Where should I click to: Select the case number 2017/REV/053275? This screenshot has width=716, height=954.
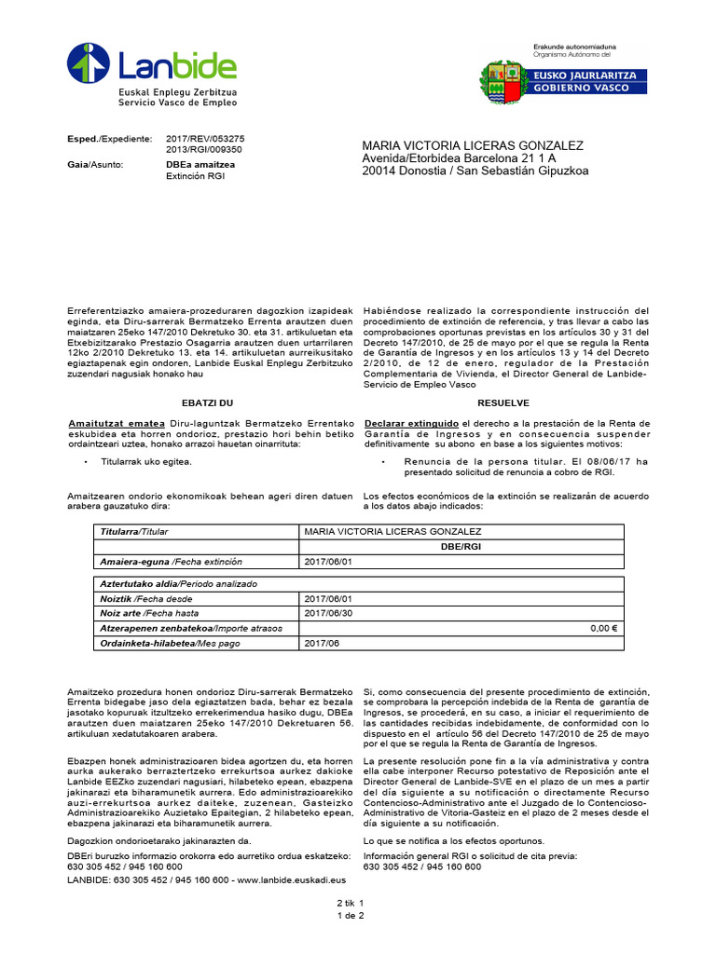click(204, 138)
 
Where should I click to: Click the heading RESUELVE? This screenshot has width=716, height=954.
click(503, 402)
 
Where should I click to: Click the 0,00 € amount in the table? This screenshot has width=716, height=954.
click(605, 628)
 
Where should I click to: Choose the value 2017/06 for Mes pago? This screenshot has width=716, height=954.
click(323, 643)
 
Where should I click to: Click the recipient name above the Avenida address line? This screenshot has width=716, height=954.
click(472, 146)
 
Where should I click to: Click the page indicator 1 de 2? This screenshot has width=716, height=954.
click(351, 916)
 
